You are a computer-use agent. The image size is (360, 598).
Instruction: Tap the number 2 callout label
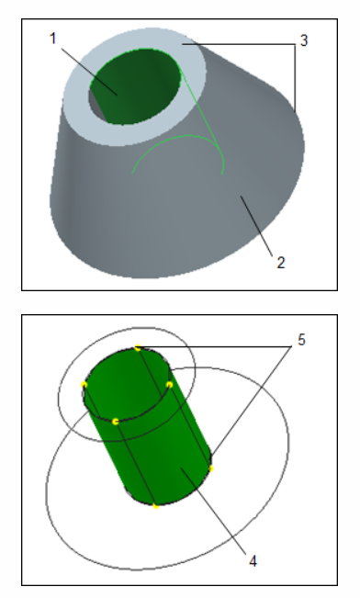pos(281,262)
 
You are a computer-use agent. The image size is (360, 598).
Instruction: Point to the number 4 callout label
pos(253,558)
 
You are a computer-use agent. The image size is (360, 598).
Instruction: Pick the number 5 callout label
pos(301,340)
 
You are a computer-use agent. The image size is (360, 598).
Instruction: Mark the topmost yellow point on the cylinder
pos(138,347)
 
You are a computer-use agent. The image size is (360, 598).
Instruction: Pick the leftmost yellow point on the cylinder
pos(84,385)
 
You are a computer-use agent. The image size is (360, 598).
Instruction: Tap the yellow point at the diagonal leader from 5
pos(210,468)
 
